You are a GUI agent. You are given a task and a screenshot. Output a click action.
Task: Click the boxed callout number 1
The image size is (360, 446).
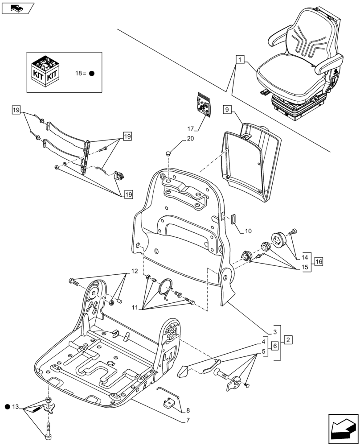click(x=240, y=59)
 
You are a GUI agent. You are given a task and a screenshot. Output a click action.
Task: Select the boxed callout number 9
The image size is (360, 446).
click(x=226, y=109)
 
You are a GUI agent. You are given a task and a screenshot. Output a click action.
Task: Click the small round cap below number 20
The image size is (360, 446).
click(x=168, y=153)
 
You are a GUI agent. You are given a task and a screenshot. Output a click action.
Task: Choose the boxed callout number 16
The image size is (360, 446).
click(x=319, y=262)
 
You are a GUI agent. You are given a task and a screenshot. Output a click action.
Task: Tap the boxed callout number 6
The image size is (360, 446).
click(x=275, y=346)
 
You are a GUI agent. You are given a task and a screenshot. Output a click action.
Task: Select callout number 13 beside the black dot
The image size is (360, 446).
click(x=16, y=406)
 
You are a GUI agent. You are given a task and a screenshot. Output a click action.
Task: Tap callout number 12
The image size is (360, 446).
click(x=134, y=272)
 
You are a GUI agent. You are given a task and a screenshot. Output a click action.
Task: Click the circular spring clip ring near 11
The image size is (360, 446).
click(x=168, y=288)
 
